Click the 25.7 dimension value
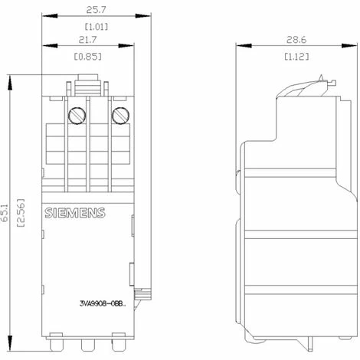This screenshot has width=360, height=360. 96,10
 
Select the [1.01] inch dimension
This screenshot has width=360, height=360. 97,27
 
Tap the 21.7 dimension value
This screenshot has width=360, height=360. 88,40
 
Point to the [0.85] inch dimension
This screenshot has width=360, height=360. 87,57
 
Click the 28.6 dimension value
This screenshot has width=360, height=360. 296,40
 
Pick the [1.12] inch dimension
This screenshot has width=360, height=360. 296,57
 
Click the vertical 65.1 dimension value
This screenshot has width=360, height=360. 5,213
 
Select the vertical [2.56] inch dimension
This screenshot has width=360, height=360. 21,213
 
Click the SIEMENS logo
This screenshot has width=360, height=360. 75,213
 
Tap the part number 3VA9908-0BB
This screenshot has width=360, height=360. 103,303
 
